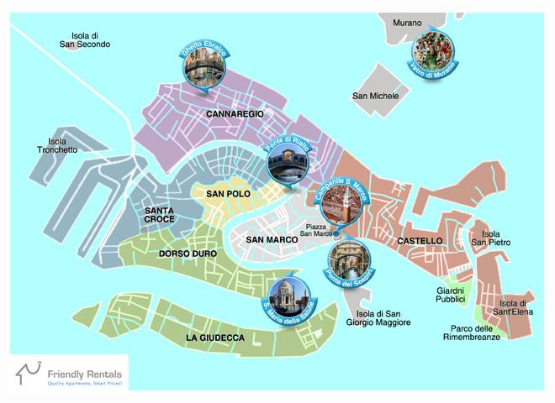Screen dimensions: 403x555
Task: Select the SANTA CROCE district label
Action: click(x=159, y=214)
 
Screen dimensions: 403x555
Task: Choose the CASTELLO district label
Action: click(x=419, y=241)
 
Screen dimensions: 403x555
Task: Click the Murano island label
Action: click(x=401, y=23)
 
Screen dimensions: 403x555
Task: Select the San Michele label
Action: click(x=376, y=97)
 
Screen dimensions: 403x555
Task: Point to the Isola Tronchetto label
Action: click(x=57, y=146)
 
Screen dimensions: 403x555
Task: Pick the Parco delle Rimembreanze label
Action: click(x=472, y=332)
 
